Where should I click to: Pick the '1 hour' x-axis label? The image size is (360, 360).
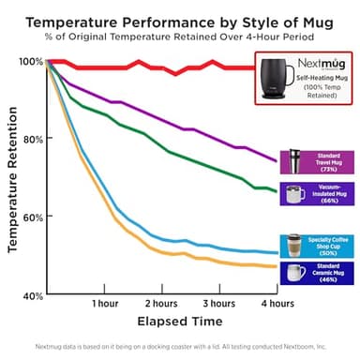[104, 305]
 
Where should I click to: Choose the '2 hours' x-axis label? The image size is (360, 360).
[161, 305]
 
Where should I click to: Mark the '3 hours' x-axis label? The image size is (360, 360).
[218, 305]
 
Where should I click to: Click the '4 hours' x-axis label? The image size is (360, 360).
[275, 305]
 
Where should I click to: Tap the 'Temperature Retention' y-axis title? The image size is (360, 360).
[12, 177]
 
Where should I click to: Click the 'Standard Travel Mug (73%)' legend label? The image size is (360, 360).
[328, 160]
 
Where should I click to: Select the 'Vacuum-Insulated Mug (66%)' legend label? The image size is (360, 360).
[330, 195]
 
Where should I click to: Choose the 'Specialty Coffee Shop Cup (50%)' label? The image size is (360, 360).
[330, 246]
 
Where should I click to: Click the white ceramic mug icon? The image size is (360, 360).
[296, 273]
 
